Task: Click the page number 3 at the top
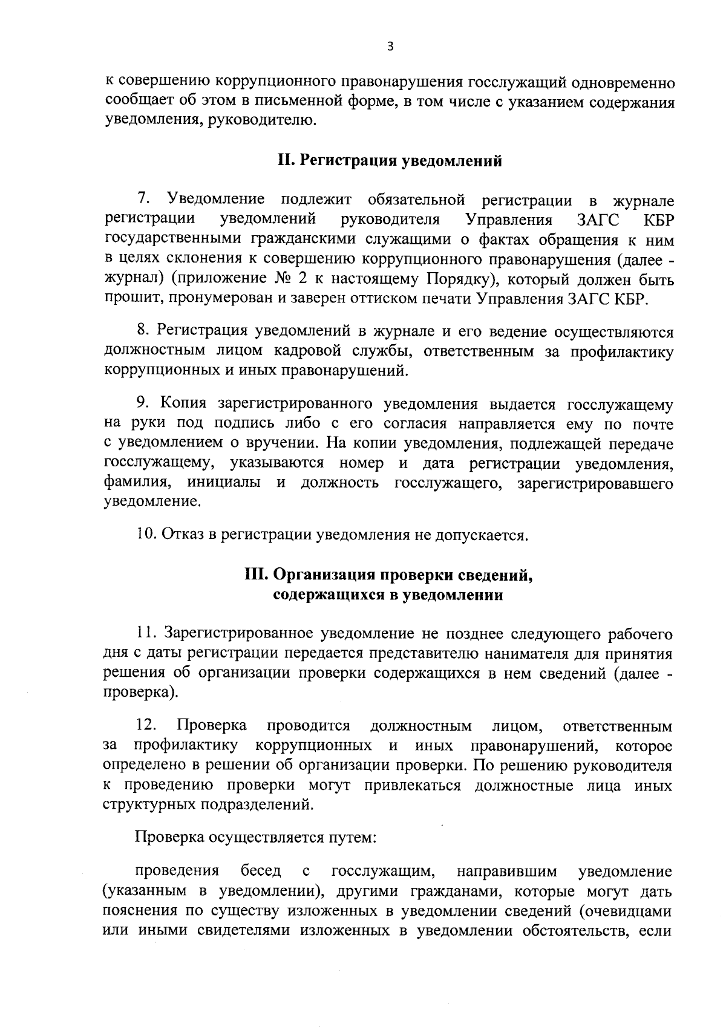click(390, 47)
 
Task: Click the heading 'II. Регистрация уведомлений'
click(390, 161)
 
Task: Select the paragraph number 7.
click(143, 199)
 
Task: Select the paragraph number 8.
click(143, 331)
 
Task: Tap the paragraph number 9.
click(143, 404)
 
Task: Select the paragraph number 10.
click(146, 535)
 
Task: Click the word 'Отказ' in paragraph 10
click(185, 535)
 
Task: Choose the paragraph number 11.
click(146, 633)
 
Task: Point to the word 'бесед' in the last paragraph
click(261, 871)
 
